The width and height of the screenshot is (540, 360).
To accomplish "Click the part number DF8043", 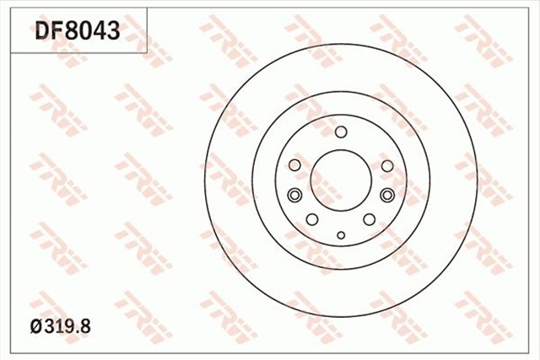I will (x=78, y=31).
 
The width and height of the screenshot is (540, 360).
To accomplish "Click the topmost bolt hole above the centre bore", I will (x=341, y=132).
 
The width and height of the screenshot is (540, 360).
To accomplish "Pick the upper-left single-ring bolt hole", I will (x=294, y=165).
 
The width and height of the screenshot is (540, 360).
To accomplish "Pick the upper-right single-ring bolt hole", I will (x=387, y=165).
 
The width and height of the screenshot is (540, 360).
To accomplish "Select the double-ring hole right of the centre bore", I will (x=387, y=196).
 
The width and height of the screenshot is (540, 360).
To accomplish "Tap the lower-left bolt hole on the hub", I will (x=312, y=219).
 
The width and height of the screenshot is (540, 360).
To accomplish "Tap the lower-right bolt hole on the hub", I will (x=370, y=219).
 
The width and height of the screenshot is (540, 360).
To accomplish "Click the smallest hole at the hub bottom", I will (x=341, y=235).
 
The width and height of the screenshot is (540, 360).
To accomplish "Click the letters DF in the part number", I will (x=48, y=31).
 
